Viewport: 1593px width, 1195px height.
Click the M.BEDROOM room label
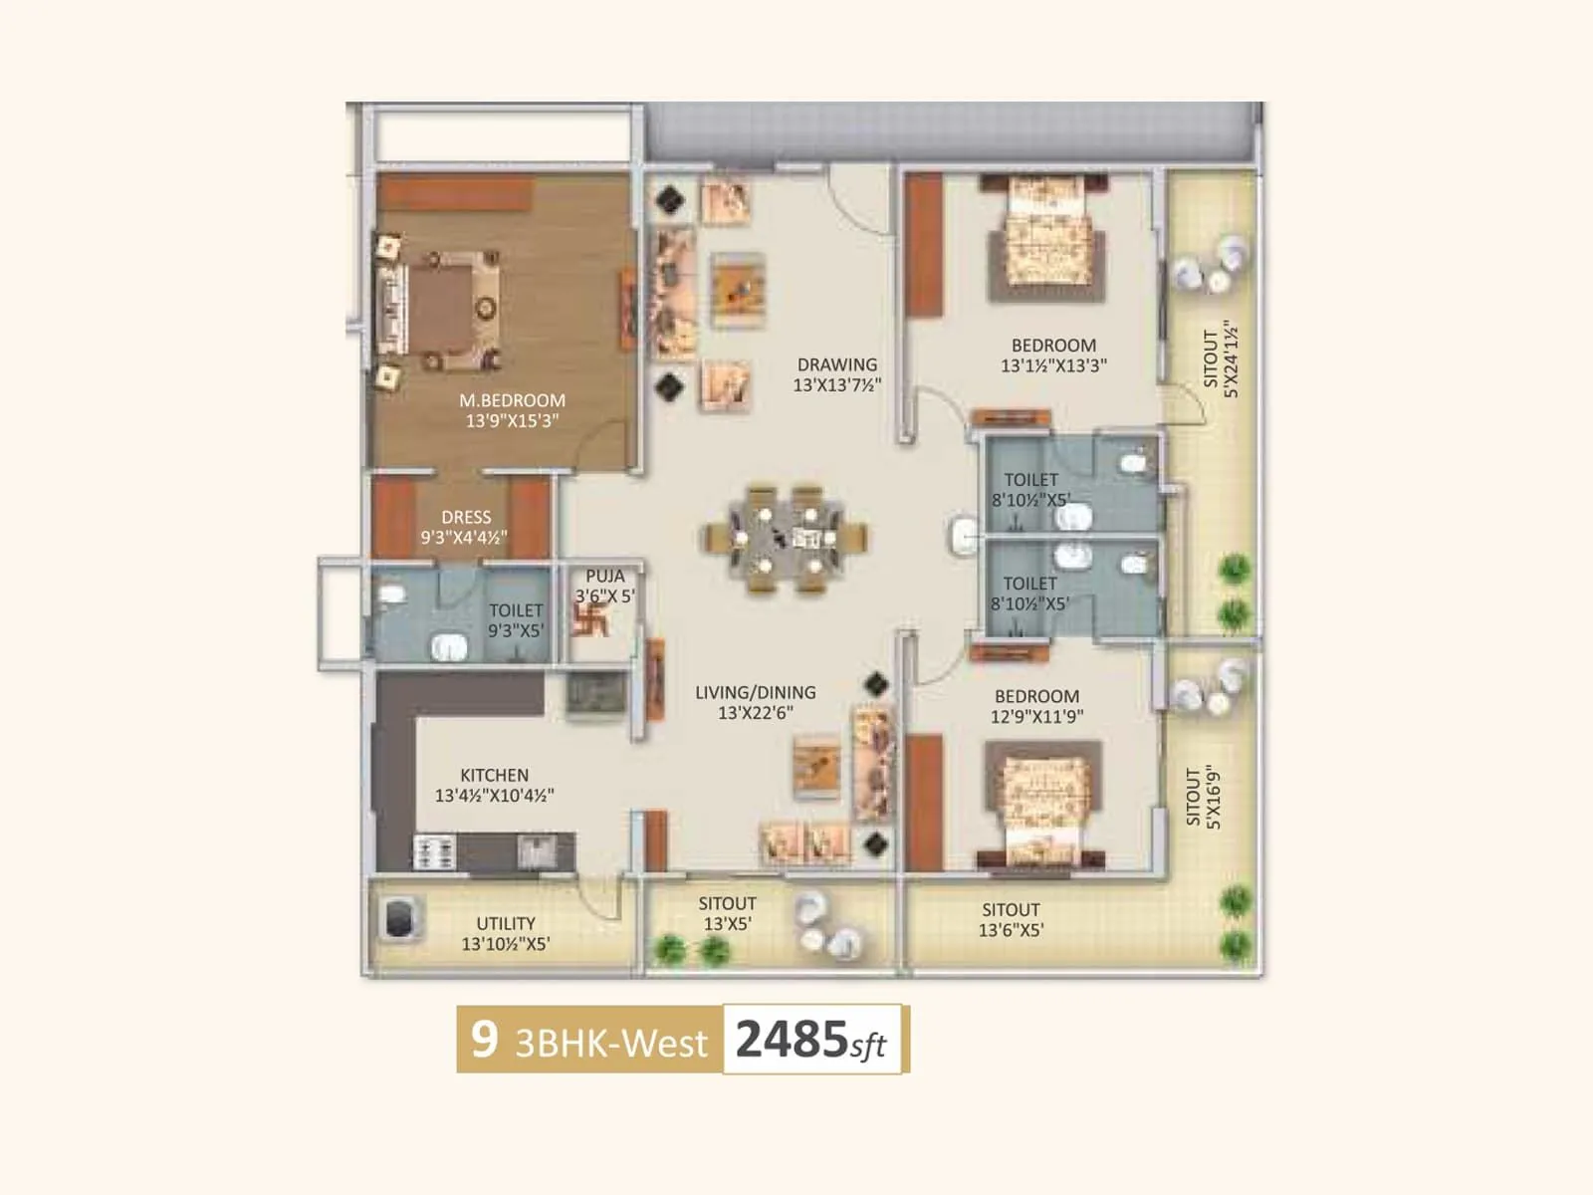tap(512, 400)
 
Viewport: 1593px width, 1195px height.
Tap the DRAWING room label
tap(837, 364)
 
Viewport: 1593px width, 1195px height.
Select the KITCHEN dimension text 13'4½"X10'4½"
tap(494, 796)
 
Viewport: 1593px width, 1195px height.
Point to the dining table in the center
tap(787, 539)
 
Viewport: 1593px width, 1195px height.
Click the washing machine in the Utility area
tap(399, 918)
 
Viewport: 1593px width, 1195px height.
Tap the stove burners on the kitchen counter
tap(434, 852)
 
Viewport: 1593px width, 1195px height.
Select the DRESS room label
tap(466, 518)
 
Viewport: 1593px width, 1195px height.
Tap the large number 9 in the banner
tap(484, 1039)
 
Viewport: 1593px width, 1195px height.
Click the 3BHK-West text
tap(611, 1043)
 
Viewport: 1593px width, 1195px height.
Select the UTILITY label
tap(506, 923)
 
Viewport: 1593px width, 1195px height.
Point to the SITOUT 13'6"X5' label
tap(1011, 919)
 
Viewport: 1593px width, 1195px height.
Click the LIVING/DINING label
tap(756, 692)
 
